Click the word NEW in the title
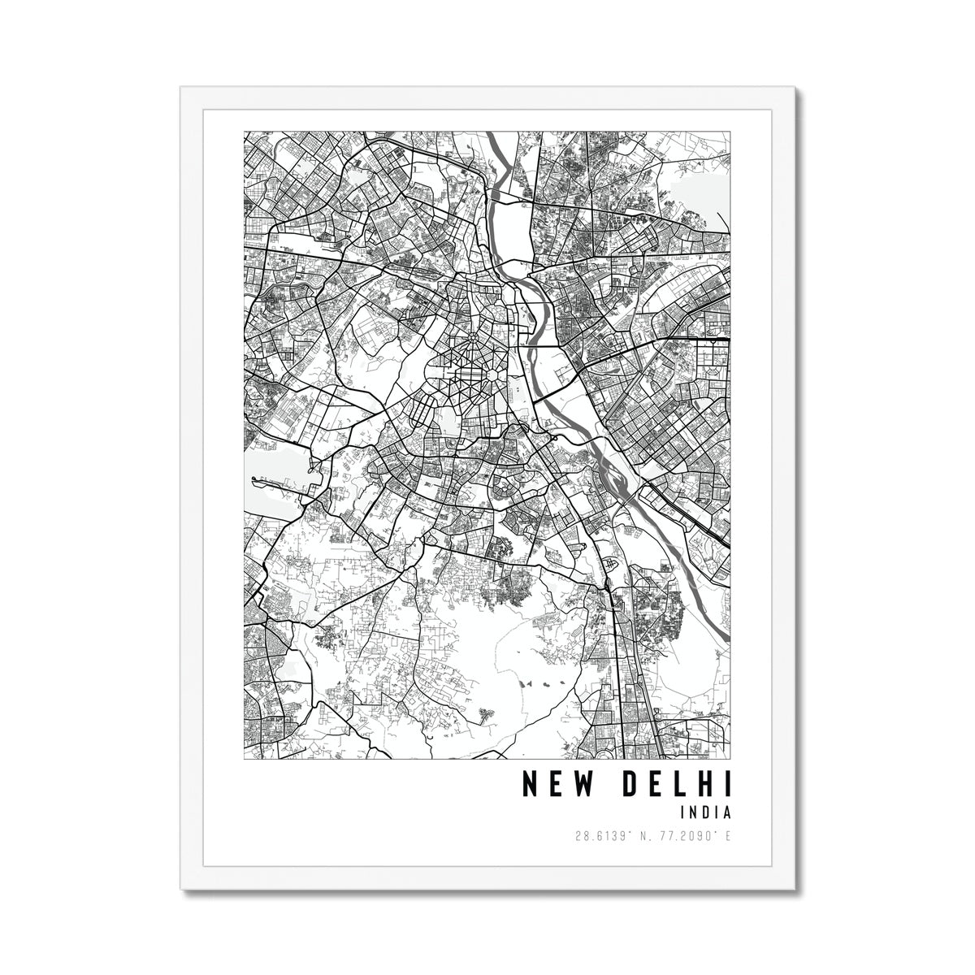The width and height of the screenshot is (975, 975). [x=553, y=784]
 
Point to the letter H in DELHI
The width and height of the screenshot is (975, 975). [x=704, y=784]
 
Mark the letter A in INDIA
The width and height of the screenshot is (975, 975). [x=727, y=812]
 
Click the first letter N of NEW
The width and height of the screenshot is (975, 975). [x=528, y=784]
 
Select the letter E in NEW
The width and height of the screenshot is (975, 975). [x=553, y=784]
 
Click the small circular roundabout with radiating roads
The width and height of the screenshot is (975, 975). [x=471, y=335]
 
